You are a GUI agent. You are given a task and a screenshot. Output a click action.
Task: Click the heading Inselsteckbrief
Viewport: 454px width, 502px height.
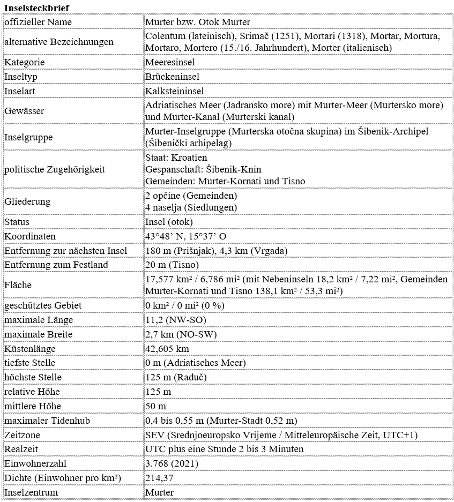point(36,8)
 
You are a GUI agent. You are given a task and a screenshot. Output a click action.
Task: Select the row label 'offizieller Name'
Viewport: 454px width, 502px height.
point(38,22)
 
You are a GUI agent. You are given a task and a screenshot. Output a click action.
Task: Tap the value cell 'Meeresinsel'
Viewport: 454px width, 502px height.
point(170,62)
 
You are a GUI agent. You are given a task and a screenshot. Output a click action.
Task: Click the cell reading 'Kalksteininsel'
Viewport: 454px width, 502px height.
point(175,91)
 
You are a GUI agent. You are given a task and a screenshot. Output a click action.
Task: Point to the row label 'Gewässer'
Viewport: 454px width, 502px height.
point(24,111)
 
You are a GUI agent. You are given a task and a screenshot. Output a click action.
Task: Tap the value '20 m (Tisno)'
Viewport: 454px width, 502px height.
point(172,265)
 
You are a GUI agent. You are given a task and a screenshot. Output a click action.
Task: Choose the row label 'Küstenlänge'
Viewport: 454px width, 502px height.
point(30,349)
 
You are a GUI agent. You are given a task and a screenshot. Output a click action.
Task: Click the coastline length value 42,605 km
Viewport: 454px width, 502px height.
point(167,349)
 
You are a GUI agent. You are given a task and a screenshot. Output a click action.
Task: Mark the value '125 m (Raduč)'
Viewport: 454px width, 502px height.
point(176,378)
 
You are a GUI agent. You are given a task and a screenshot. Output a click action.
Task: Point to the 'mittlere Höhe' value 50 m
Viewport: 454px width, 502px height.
point(156,407)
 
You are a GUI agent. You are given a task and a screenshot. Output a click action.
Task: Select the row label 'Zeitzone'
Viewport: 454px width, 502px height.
point(23,435)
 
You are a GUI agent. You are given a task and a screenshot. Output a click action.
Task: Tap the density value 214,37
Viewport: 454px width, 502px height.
point(160,478)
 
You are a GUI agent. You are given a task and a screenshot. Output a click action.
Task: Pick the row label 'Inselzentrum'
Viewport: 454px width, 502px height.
point(31,492)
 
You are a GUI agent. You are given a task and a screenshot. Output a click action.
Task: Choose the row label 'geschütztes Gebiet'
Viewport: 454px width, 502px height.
point(43,305)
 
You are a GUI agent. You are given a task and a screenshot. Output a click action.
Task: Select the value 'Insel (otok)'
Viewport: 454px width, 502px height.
point(169,222)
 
